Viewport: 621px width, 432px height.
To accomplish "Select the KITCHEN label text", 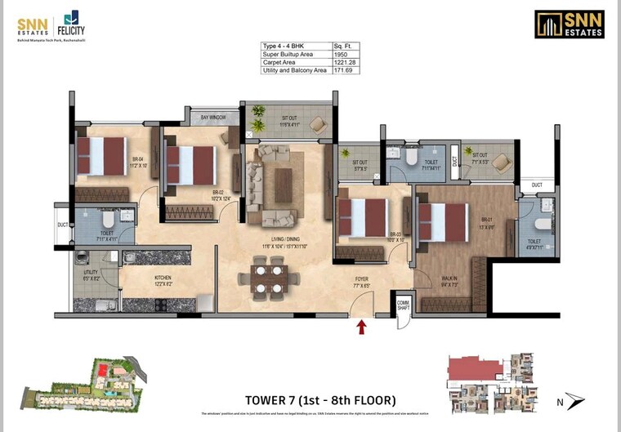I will coord(163,278).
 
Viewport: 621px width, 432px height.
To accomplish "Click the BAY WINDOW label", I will coord(213,118).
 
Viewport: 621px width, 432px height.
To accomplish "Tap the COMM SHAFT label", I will coord(403,305).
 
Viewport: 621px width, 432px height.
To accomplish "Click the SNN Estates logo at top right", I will coord(569,24).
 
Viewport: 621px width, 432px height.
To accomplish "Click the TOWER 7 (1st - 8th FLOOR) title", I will coord(320,400).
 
